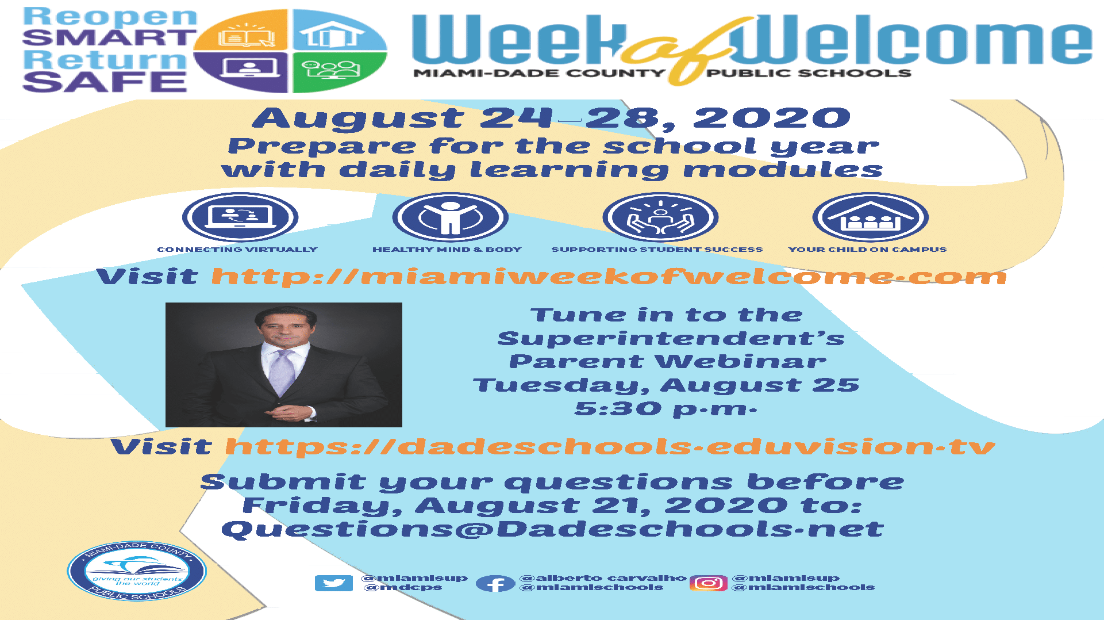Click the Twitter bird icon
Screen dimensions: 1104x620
pyautogui.click(x=334, y=583)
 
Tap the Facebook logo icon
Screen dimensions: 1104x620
pyautogui.click(x=495, y=584)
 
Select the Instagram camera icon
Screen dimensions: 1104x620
pyautogui.click(x=709, y=583)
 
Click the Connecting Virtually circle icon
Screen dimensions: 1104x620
pyautogui.click(x=240, y=217)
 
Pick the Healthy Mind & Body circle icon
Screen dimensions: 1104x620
pyautogui.click(x=451, y=217)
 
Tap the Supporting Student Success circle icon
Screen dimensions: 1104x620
pyautogui.click(x=661, y=217)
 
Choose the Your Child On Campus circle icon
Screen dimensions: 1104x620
pyautogui.click(x=871, y=217)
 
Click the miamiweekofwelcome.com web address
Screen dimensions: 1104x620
pyautogui.click(x=609, y=276)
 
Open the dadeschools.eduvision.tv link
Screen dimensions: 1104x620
pyautogui.click(x=610, y=447)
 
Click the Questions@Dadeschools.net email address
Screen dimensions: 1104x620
pyautogui.click(x=552, y=529)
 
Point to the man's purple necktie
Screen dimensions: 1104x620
pyautogui.click(x=283, y=372)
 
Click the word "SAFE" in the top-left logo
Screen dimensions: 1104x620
pyautogui.click(x=105, y=81)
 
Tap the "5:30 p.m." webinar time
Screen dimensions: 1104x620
pyautogui.click(x=666, y=409)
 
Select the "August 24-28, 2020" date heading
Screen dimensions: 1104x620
pyautogui.click(x=552, y=118)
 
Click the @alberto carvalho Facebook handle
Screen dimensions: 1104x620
pyautogui.click(x=603, y=577)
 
